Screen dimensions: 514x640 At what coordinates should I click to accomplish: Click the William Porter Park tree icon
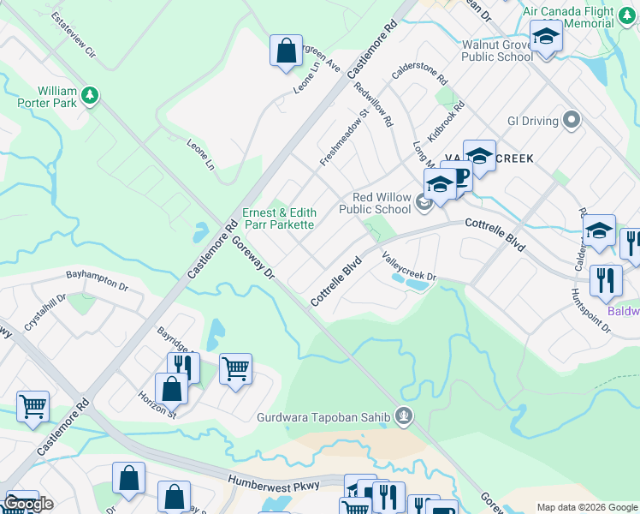coord(88,93)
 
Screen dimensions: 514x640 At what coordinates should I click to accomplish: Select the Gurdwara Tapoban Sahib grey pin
coord(406,418)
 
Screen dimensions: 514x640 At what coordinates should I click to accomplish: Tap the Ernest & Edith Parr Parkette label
coord(279,218)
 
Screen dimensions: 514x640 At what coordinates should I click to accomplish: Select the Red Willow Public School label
coord(375,202)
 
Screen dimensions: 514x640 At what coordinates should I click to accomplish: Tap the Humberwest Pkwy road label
coord(274,485)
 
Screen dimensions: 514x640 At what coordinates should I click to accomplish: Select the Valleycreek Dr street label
coord(409,266)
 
